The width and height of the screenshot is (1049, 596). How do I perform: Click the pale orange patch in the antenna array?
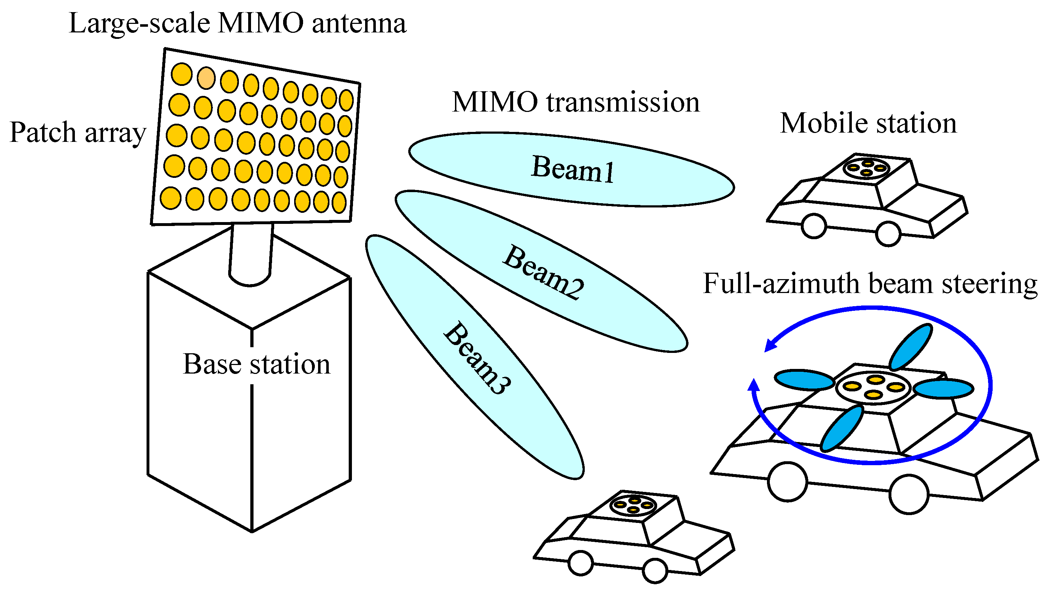click(x=206, y=78)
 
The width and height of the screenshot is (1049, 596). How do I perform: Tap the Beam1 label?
click(x=572, y=169)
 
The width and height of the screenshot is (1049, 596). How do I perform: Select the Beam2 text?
click(x=543, y=272)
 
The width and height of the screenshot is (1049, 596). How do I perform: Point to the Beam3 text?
click(x=477, y=358)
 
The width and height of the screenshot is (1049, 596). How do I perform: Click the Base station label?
click(x=256, y=364)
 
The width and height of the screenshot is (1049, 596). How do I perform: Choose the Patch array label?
click(x=78, y=133)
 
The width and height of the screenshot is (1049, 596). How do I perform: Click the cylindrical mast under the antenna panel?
click(x=251, y=254)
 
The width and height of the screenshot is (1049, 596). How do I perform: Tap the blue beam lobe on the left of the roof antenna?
click(x=804, y=380)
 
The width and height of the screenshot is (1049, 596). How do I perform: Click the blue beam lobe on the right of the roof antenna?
click(x=943, y=389)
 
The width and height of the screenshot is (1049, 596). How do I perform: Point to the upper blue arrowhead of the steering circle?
click(x=771, y=345)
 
